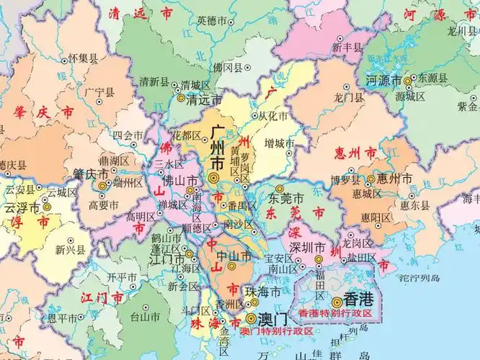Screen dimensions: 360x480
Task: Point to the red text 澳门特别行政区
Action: pos(277,330)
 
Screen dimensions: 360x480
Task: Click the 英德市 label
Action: pos(211,19)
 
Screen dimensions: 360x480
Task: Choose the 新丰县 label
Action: pos(346,48)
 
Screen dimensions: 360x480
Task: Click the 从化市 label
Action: pos(273,116)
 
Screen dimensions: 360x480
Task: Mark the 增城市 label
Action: pos(279,143)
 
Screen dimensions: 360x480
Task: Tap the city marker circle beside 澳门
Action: pos(250,318)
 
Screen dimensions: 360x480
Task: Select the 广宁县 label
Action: pos(99,92)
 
